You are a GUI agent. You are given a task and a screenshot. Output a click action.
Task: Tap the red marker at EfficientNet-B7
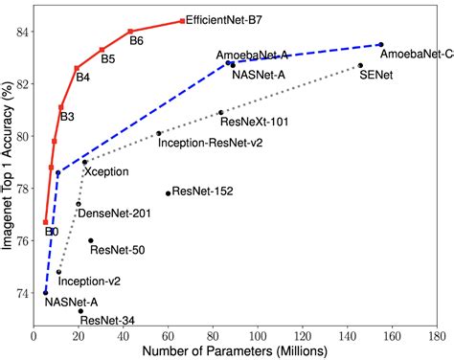(x=182, y=20)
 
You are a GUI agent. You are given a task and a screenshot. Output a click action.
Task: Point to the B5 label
(x=108, y=59)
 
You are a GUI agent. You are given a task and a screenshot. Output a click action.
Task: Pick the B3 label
(x=67, y=117)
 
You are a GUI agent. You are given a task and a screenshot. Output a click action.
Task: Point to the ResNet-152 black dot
(x=168, y=193)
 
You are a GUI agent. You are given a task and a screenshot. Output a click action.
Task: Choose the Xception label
(x=106, y=171)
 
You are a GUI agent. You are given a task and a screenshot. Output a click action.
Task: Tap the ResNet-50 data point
(x=91, y=240)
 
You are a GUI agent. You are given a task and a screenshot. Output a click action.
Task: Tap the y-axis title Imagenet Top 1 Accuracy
(x=8, y=168)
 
